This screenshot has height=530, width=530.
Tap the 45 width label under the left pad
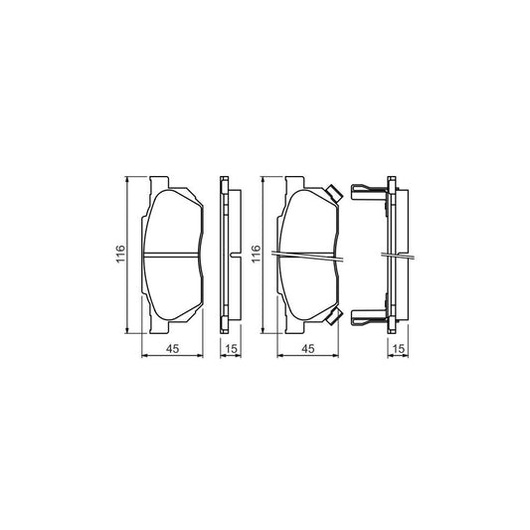tap(172, 348)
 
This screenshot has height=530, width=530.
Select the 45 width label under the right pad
tap(307, 348)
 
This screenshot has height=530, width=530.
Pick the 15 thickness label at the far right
tap(398, 348)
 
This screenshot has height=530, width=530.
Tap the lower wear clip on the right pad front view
tap(334, 317)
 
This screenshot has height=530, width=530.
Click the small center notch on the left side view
tap(232, 257)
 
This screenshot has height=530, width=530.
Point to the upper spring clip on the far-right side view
tap(369, 190)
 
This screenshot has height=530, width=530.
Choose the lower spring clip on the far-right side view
tap(369, 318)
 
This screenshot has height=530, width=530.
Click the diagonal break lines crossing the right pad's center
tap(307, 257)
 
